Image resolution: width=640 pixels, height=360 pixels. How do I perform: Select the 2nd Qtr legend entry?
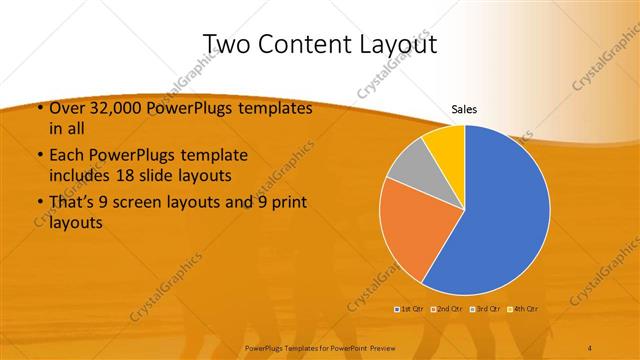[x=446, y=307]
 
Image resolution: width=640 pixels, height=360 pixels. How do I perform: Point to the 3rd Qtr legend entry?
[x=485, y=307]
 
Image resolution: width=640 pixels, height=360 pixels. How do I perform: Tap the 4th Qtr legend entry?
[x=523, y=307]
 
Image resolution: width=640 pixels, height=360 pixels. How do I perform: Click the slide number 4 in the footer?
[x=591, y=346]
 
